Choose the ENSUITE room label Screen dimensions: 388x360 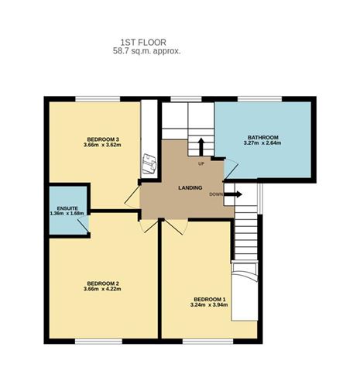(x=66, y=207)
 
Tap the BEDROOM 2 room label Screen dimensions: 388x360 (x=101, y=283)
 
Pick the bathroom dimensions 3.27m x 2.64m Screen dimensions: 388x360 (x=261, y=143)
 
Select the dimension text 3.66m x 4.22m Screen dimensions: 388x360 (x=101, y=290)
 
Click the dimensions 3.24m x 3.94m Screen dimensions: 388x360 (x=210, y=304)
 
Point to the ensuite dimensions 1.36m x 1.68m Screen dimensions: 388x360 (x=66, y=213)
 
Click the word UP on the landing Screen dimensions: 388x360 (x=201, y=164)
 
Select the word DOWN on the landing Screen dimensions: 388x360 (x=216, y=194)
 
